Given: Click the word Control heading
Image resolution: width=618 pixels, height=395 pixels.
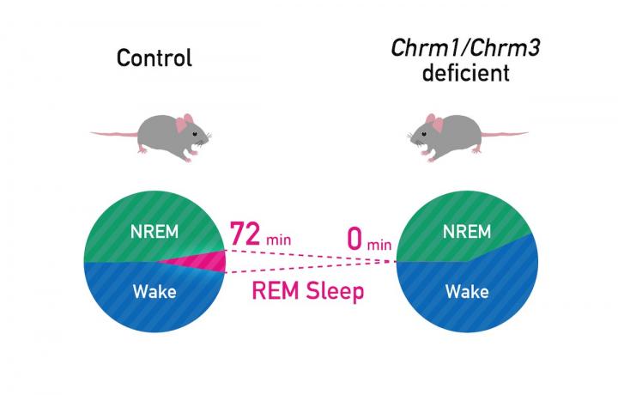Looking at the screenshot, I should (154, 58).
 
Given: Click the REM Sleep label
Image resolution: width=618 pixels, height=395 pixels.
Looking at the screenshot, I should (308, 291).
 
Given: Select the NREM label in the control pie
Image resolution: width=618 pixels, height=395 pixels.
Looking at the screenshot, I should (154, 232).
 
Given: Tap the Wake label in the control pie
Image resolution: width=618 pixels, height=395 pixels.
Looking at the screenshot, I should (154, 292).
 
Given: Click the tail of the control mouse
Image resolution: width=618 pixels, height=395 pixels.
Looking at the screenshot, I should (112, 135).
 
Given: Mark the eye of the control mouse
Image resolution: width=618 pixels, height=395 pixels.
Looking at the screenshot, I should (197, 135).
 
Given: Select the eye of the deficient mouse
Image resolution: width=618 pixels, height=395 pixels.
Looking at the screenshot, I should (421, 135).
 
